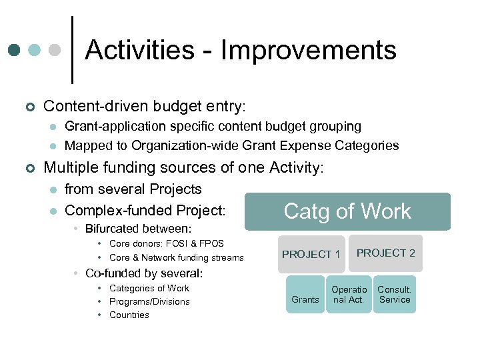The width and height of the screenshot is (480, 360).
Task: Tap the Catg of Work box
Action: coord(347,211)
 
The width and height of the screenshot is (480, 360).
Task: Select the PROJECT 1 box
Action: coord(311,254)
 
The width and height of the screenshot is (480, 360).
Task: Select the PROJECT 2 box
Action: coord(385,253)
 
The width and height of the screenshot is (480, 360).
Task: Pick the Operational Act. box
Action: coord(349,295)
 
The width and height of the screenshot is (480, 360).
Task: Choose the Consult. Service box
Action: coord(394,295)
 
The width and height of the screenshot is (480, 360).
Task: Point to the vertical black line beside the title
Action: coord(72,50)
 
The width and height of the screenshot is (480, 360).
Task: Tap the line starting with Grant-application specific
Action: coord(213,126)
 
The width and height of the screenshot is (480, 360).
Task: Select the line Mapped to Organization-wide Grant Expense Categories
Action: coord(231,145)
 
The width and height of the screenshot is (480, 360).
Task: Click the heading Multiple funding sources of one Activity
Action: coord(183,167)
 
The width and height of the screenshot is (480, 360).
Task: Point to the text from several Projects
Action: coord(133,189)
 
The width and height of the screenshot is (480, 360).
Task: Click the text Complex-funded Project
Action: coord(145,211)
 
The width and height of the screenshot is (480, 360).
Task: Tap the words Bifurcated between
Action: coord(138,229)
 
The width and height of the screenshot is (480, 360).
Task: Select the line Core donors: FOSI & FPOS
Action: coord(166,244)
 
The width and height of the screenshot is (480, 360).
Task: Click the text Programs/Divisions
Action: coord(149,301)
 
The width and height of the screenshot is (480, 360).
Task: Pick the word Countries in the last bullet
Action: coord(129,315)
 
